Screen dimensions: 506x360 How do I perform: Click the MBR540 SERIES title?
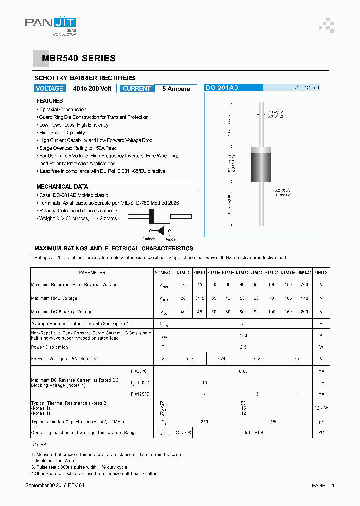point(75,58)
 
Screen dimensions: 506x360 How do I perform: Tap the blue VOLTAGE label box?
point(49,88)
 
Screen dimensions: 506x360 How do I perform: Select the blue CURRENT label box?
point(136,88)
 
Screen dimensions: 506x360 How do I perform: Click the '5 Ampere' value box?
point(176,89)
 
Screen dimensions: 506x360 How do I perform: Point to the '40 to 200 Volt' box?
point(92,88)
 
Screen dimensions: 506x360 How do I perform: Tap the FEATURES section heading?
point(50,101)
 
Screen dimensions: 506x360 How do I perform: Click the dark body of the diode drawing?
point(261,166)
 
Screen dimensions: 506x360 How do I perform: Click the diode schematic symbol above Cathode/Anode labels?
point(161,230)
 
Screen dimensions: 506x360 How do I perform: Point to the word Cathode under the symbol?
point(149,239)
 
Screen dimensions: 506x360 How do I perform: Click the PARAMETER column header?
point(92,273)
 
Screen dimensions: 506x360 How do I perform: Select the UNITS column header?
point(321,273)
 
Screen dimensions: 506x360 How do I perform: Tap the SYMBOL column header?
point(163,273)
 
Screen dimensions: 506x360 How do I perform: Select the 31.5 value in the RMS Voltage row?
point(199,298)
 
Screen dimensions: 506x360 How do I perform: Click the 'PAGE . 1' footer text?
point(323,485)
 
